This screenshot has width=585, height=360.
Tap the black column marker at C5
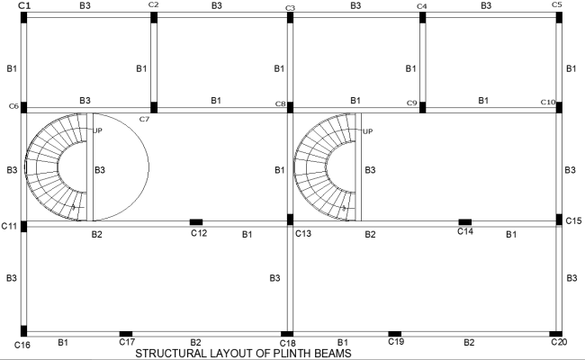tap(559, 17)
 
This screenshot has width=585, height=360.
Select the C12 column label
tap(199, 233)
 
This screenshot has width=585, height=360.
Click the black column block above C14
tap(464, 221)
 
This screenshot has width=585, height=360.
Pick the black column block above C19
tap(394, 333)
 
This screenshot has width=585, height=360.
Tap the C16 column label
tap(23, 344)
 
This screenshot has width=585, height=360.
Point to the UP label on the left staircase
tap(97, 131)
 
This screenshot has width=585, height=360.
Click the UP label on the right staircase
tap(367, 131)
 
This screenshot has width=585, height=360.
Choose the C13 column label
tap(303, 234)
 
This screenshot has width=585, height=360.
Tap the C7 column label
tap(144, 119)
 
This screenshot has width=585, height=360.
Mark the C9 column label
tap(412, 103)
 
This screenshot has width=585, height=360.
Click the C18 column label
tap(288, 344)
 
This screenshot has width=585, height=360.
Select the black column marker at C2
tap(154, 17)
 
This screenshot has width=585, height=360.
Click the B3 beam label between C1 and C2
tap(85, 5)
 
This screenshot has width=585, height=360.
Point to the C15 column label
tap(571, 220)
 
